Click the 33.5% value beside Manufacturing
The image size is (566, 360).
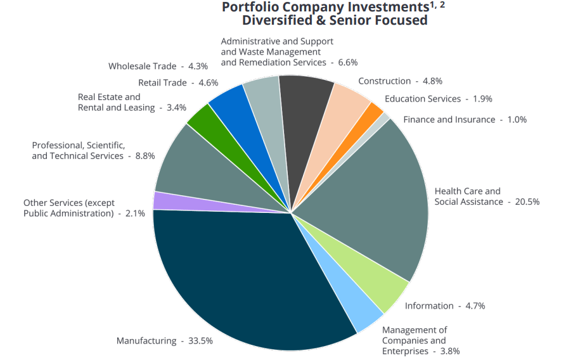coord(200,341)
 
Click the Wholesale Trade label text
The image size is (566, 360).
coord(142,66)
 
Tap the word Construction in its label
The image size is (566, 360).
coord(384,80)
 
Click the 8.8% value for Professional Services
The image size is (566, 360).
coord(145,156)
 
